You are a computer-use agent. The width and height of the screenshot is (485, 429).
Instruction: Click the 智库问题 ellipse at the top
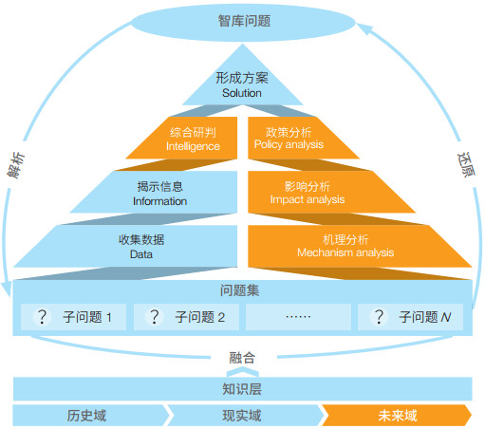[x=243, y=22]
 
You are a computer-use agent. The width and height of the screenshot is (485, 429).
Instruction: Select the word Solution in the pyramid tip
[x=242, y=93]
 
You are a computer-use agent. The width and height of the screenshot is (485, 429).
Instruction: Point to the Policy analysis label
[x=289, y=144]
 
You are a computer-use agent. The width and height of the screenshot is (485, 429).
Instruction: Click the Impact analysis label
[x=308, y=199]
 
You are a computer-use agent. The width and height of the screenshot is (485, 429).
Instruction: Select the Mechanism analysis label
[x=345, y=252]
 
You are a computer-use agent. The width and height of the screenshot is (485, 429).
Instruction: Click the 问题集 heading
[x=239, y=290]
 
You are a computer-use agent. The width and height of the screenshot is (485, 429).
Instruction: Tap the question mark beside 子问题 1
[x=42, y=317]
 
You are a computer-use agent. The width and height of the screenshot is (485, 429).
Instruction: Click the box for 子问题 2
[x=186, y=317]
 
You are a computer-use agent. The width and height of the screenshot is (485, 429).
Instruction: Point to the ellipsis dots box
[x=298, y=317]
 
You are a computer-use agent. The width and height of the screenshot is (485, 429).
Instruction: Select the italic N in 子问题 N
[x=446, y=317]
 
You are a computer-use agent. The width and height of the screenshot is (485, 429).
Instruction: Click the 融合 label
[x=242, y=358]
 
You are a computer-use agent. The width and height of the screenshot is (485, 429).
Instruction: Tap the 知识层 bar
[x=242, y=389]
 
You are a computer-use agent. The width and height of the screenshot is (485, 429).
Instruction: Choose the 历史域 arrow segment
[x=91, y=416]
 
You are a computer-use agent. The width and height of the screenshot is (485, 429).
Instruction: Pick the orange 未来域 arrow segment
[x=397, y=416]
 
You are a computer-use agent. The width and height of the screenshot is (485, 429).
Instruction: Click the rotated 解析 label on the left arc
[x=16, y=165]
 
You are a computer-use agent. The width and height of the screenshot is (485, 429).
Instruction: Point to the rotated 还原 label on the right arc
[x=466, y=164]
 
